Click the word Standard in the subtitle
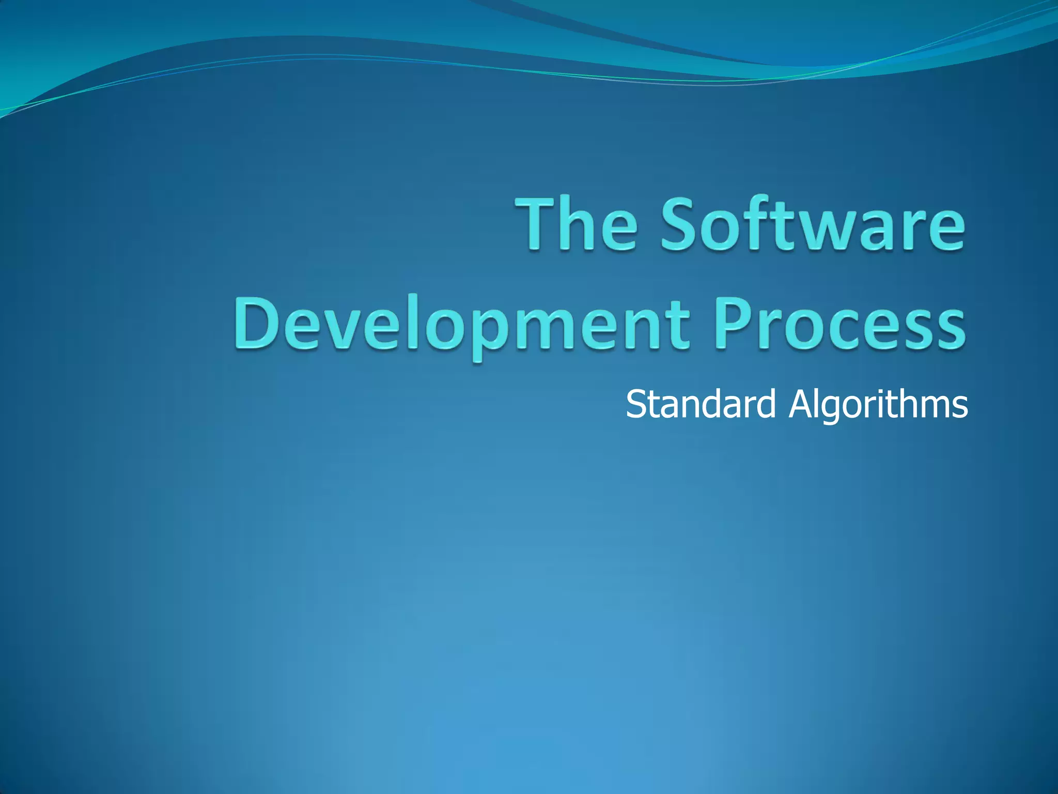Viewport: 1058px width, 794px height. tap(701, 404)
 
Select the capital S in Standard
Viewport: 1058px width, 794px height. tap(636, 404)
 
